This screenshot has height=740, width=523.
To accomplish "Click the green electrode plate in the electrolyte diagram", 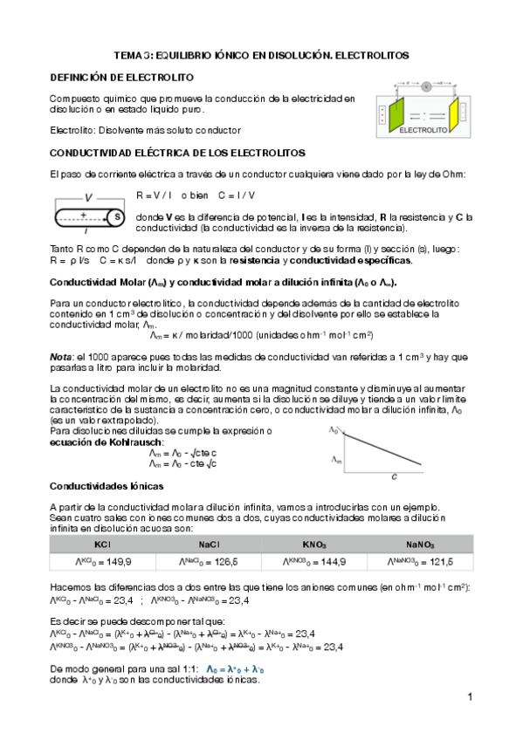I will [395, 112].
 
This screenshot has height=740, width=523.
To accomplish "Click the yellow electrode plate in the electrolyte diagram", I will [454, 112].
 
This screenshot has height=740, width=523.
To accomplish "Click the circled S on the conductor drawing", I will [117, 216].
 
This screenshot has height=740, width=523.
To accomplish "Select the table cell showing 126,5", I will [200, 561].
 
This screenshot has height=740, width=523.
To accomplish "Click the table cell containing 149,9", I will [91, 561].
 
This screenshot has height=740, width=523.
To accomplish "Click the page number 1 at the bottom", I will [469, 698].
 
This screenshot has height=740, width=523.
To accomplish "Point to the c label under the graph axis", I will [395, 476].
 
